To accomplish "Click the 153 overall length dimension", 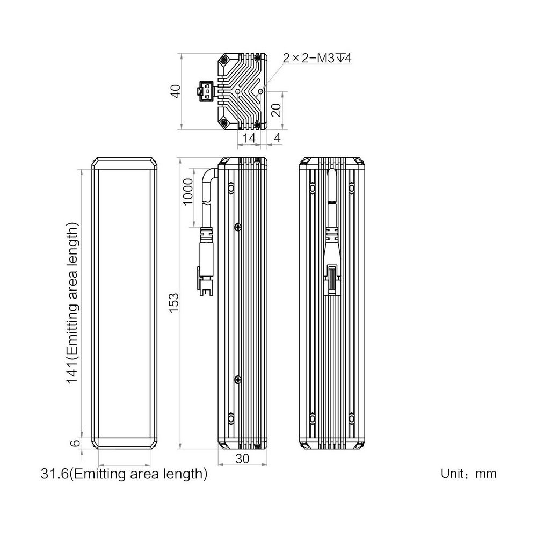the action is pos(173,302).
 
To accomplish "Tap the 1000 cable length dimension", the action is pos(188,192).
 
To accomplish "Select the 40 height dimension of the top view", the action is pos(176,91).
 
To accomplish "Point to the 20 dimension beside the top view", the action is pos(276,110).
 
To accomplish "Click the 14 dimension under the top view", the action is pos(249,137).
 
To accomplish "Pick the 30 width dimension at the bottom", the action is pos(243,459).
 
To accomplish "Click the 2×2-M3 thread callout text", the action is pos(317,58).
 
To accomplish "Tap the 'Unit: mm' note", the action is pos(468,474).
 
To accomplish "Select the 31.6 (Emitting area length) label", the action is pos(124,474).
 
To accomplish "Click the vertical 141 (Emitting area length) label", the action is pos(72,303).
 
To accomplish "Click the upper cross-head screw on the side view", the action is pos(238,227).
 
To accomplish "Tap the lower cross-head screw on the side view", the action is pos(238,379).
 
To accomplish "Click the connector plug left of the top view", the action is pos(206,91).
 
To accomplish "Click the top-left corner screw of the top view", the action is pos(223,60).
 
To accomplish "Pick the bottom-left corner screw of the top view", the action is pos(223,122).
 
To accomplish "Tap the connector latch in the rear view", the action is pos(332,279).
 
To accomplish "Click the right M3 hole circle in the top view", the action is pos(260,91).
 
